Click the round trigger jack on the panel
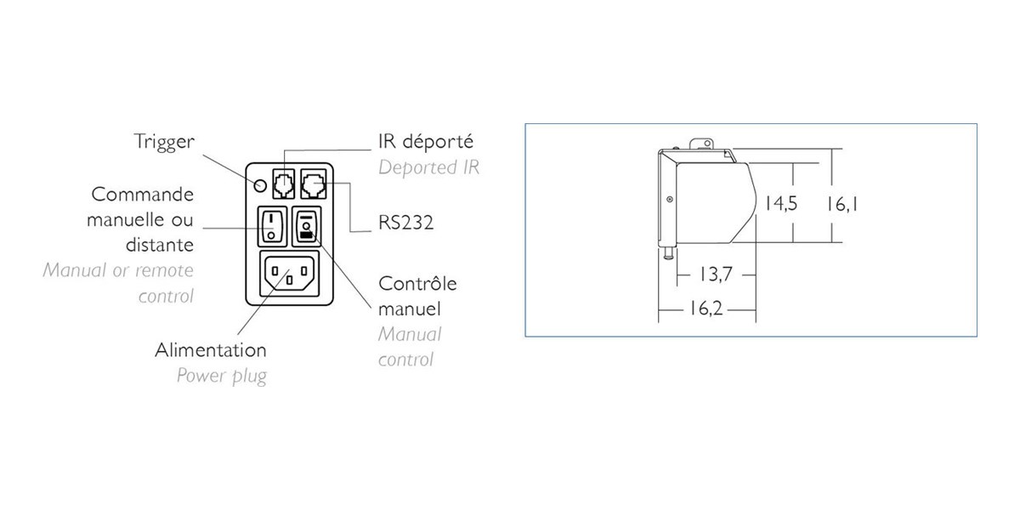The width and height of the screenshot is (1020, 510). pos(260,185)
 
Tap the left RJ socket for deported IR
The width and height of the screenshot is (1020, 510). pos(284,184)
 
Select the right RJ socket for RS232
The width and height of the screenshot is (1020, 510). pos(314,184)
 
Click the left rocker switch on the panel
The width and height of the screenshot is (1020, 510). pos(272,226)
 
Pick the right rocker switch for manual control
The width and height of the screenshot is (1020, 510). pos(306,226)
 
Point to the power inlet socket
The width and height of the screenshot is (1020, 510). pos(290,274)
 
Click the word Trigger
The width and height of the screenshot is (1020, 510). pos(164,142)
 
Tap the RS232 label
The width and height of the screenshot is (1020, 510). pos(405,223)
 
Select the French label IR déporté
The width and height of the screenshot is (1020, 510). pos(426,142)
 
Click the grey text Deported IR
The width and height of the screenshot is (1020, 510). pos(428,167)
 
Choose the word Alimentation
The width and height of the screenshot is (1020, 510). pos(211,350)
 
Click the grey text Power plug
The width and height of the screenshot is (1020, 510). pos(221,377)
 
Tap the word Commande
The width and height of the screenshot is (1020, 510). pos(143,195)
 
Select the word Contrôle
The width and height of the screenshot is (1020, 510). pos(417,284)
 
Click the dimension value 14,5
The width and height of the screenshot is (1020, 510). pos(781,203)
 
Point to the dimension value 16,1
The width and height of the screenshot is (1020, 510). pos(842,204)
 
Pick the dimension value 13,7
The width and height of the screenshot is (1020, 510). pos(716,275)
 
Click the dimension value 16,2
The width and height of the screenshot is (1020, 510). pos(706,309)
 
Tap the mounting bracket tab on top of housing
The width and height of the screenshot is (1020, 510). pos(701,144)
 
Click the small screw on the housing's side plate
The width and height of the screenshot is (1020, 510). pos(670,199)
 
